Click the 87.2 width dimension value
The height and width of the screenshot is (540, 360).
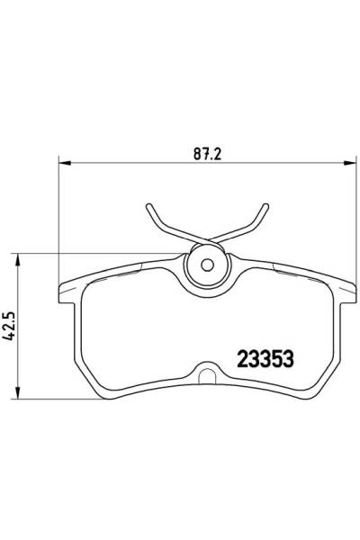coord(206,152)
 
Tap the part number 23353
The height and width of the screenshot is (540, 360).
coord(266,356)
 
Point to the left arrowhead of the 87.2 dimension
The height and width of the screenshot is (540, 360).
coord(63,163)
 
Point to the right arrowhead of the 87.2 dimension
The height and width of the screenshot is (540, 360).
coord(346,163)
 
